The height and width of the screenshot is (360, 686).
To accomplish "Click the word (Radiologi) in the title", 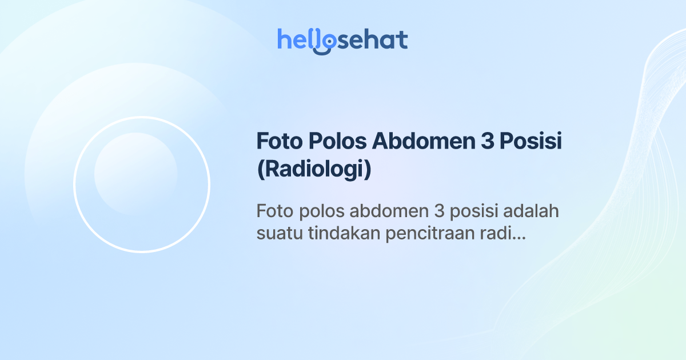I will coord(314,170).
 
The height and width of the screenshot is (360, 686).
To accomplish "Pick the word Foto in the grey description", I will coord(274,211).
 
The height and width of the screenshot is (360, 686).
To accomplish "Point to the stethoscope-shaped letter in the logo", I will coord(324,42).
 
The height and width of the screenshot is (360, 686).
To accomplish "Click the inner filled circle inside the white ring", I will coord(135,174).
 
